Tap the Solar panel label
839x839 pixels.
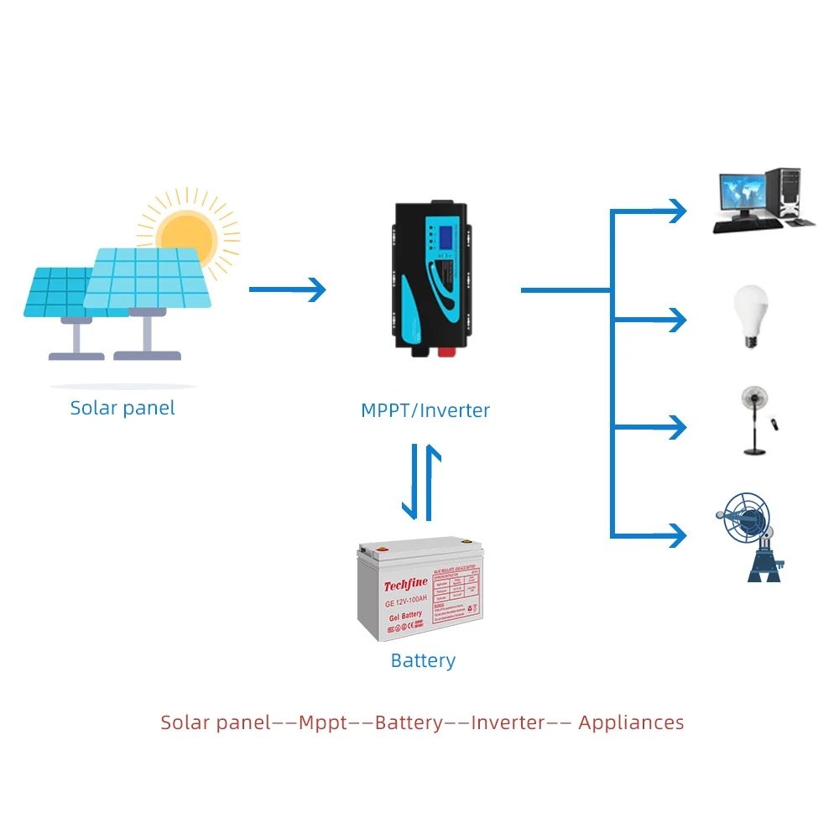tap(122, 409)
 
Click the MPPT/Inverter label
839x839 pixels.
tap(425, 410)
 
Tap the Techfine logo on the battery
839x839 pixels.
tap(405, 586)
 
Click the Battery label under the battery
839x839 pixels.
tap(423, 660)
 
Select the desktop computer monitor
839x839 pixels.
tap(742, 195)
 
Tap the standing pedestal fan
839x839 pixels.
tap(753, 419)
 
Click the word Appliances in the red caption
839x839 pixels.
tap(631, 722)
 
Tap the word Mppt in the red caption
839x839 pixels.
tap(323, 722)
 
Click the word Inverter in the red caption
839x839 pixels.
tap(508, 722)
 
